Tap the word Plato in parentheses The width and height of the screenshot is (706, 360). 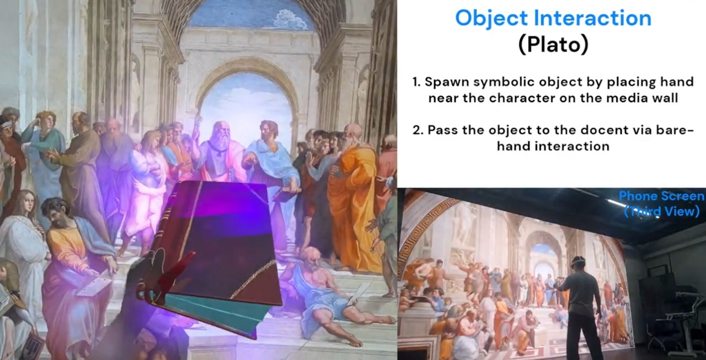[x=553, y=45]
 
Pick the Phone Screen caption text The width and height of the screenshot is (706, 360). [x=661, y=196]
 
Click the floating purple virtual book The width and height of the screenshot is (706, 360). [x=221, y=243]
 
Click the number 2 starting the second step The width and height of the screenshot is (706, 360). [x=416, y=131]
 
